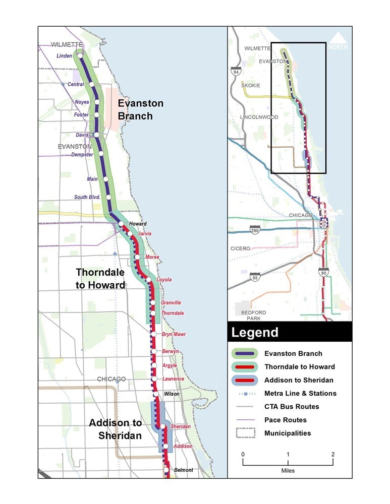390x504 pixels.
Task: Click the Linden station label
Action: (x=65, y=56)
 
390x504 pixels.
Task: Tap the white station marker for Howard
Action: (x=121, y=224)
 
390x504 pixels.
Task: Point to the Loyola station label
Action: (x=164, y=280)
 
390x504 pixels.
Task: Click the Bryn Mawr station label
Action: (x=174, y=334)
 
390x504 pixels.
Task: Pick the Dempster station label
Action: (x=83, y=155)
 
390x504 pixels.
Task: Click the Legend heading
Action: (x=255, y=333)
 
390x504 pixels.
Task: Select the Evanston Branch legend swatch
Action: (x=245, y=353)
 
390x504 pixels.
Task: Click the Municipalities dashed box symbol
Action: (x=245, y=433)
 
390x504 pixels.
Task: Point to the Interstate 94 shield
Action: (x=236, y=71)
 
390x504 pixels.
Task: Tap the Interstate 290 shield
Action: (x=255, y=231)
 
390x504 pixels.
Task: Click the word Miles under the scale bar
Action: (x=288, y=471)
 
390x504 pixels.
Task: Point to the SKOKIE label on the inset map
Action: (x=251, y=86)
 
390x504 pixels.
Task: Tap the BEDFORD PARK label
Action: (x=253, y=316)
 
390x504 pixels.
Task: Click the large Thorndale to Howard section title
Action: (x=100, y=279)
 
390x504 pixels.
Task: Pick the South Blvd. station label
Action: (x=87, y=197)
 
